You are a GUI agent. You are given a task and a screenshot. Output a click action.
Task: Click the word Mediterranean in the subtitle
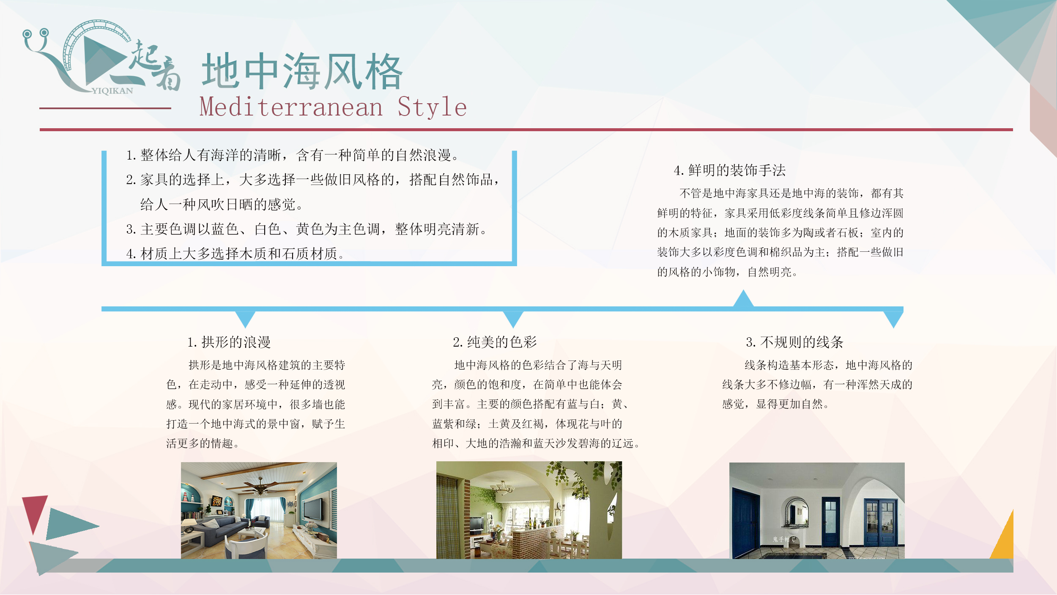pos(291,107)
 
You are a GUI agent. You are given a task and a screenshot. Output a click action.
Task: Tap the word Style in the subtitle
pos(432,107)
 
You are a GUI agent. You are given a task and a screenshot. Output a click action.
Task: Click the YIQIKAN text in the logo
pos(112,91)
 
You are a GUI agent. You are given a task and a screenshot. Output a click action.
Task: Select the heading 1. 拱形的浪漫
pos(229,342)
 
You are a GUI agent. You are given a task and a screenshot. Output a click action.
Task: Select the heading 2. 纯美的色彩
pos(495,342)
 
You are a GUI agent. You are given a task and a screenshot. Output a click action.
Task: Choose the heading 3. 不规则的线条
pos(794,342)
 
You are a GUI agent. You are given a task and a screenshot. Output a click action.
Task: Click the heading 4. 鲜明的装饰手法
pos(730,170)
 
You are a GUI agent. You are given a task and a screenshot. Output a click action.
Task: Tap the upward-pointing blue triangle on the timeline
pos(743,299)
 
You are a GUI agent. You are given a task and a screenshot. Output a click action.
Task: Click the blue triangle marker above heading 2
pos(513,319)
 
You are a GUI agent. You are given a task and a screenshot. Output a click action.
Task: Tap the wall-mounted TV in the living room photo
pos(313,508)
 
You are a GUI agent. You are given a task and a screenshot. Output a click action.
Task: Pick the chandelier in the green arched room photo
pos(502,488)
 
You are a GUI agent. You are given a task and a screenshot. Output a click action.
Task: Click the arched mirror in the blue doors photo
pos(797,512)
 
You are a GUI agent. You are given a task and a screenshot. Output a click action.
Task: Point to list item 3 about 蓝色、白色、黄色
pos(307,229)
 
